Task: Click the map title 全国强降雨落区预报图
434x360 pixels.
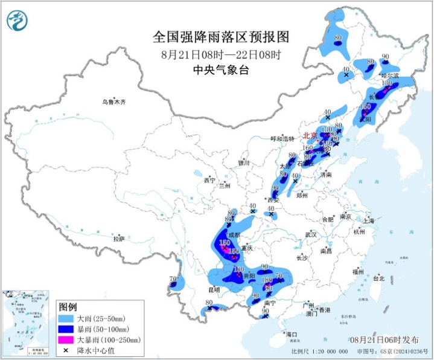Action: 220,37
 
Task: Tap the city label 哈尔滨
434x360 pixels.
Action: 390,76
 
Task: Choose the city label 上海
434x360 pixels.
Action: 367,221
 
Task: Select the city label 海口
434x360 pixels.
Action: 292,334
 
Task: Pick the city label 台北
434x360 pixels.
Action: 378,278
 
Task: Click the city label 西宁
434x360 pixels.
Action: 209,180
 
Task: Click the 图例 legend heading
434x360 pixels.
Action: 68,306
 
